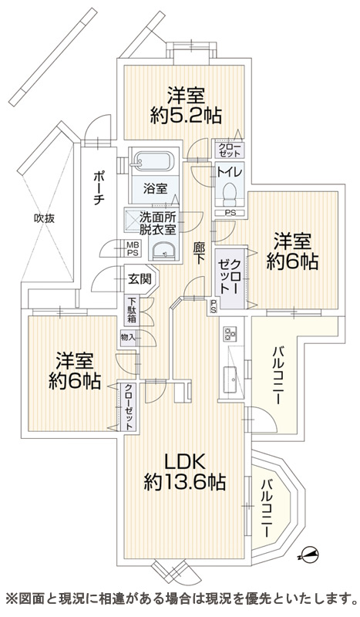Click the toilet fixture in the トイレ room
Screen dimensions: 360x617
pos(229,195)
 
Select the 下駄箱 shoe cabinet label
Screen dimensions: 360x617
pos(132,310)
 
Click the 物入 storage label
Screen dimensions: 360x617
pos(128,337)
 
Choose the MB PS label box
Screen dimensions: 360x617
pos(132,248)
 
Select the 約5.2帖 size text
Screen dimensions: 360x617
pos(186,115)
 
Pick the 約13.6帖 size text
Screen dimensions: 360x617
pos(184,481)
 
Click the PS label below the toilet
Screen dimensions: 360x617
pos(230,213)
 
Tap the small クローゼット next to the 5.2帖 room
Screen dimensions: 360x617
pos(230,150)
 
